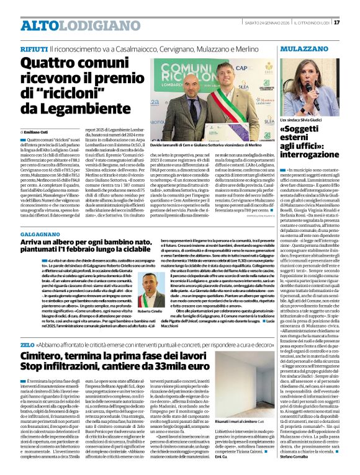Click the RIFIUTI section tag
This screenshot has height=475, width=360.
pos(34,48)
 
